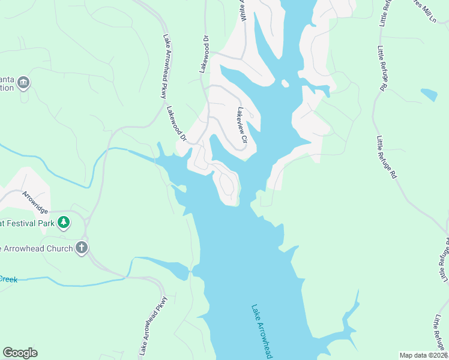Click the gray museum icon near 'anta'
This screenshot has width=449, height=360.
click(23, 82)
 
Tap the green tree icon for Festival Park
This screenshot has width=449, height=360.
click(64, 223)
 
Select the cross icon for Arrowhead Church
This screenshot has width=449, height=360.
click(82, 247)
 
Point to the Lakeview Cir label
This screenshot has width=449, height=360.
click(242, 127)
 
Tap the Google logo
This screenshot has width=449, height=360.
click(20, 353)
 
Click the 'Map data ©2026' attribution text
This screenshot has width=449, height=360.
click(424, 355)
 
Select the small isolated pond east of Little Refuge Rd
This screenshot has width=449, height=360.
click(429, 94)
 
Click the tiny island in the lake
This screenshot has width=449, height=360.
click(285, 83)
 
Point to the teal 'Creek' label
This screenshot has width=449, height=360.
click(8, 279)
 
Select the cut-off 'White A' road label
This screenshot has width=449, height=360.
click(243, 11)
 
